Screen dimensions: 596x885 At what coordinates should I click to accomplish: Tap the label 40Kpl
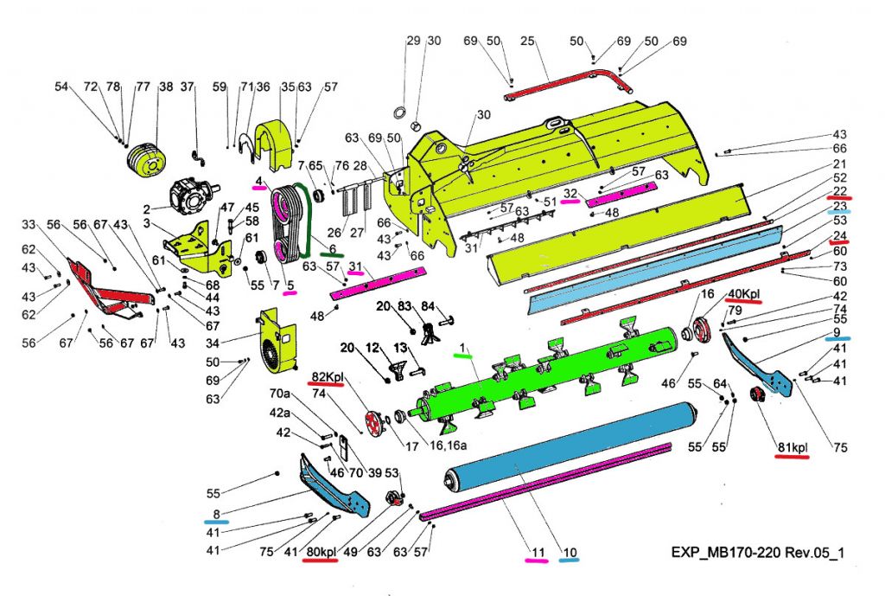(x=742, y=295)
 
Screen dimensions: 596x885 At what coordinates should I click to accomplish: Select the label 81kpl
(x=791, y=446)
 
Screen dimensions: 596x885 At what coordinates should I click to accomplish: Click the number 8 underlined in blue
(x=214, y=512)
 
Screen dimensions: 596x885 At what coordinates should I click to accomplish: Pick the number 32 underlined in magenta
(x=570, y=193)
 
